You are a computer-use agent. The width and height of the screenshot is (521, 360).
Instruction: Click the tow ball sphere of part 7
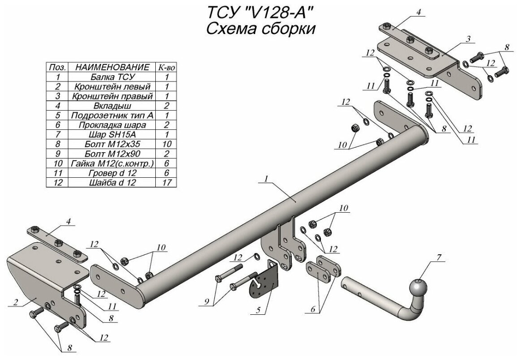(419, 286)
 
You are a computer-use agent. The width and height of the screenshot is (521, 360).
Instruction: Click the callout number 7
(439, 257)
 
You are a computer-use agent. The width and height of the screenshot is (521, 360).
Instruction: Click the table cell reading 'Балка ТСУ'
(112, 77)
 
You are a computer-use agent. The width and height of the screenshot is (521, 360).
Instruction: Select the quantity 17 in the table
(164, 182)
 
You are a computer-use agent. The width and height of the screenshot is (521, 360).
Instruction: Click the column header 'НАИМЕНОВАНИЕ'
(112, 67)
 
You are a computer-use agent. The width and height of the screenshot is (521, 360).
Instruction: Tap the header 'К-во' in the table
(164, 67)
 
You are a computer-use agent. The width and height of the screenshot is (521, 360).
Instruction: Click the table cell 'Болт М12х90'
(112, 153)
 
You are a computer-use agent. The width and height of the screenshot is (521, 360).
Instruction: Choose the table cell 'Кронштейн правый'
(112, 96)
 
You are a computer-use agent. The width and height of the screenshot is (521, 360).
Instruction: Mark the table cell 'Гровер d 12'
(112, 172)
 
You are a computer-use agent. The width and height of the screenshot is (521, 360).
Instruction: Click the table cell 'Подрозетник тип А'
(112, 115)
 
